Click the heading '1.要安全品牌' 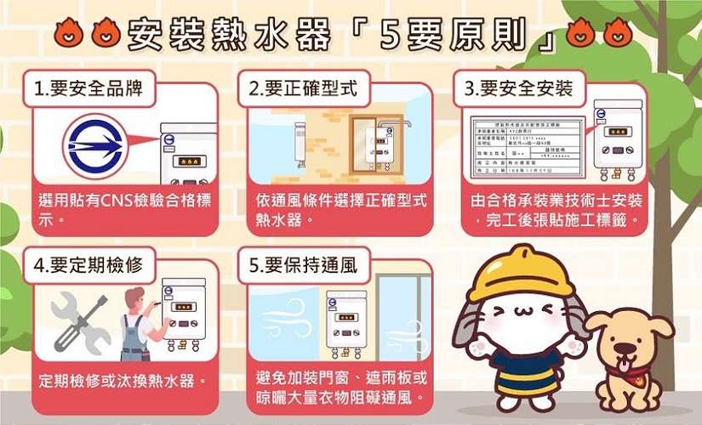87,88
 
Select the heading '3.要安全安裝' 517,88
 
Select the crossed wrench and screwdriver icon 78,322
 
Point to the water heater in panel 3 618,141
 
